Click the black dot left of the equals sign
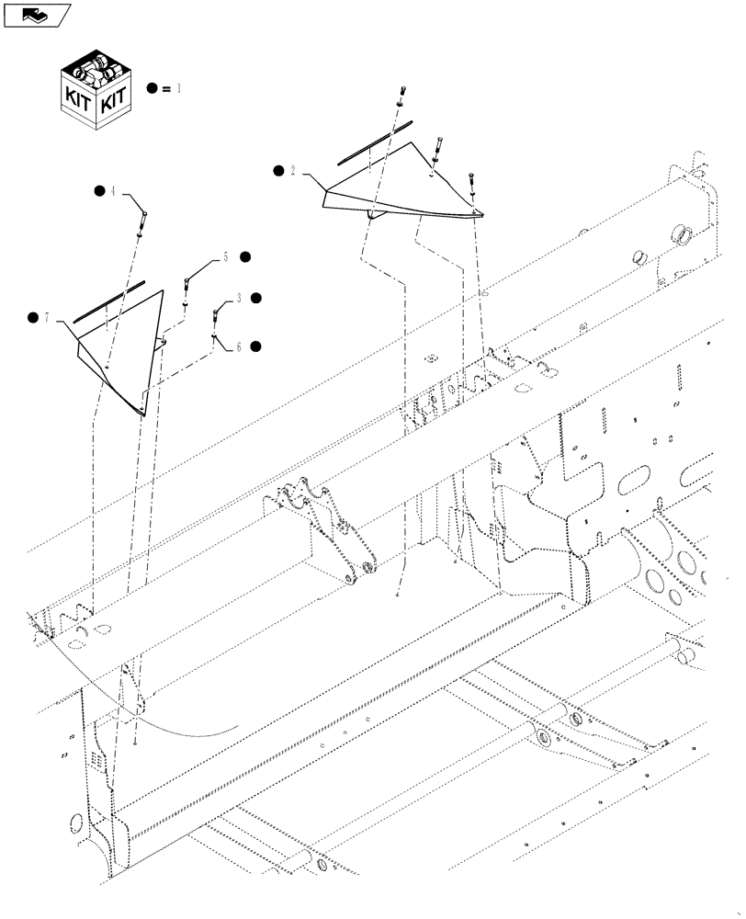pos(153,88)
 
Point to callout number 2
pos(292,171)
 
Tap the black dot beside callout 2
pos(277,171)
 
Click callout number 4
pos(113,192)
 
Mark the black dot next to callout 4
pos(98,191)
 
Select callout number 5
pos(225,259)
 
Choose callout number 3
pos(239,299)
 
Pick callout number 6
pos(239,346)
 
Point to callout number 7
pos(49,318)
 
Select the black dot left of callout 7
pos(33,318)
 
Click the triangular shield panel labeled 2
pos(404,188)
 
